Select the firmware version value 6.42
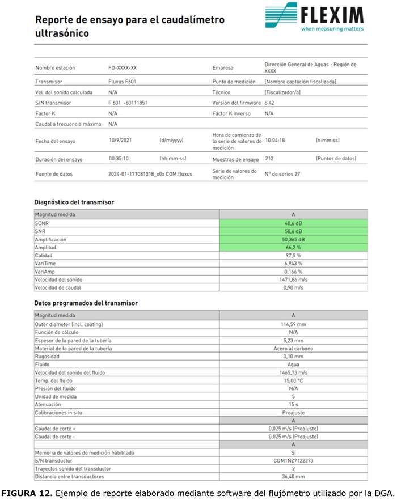(270, 103)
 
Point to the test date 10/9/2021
(121, 140)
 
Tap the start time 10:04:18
(276, 140)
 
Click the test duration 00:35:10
(119, 159)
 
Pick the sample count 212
(269, 159)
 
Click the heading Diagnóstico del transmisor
(74, 202)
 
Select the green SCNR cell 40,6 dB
(293, 223)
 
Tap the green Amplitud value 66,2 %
(293, 248)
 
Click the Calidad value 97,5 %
(293, 256)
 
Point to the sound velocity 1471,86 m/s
(293, 279)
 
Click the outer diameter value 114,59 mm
(293, 324)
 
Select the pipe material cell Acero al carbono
(293, 348)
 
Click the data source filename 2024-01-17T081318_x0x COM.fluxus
(150, 174)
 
